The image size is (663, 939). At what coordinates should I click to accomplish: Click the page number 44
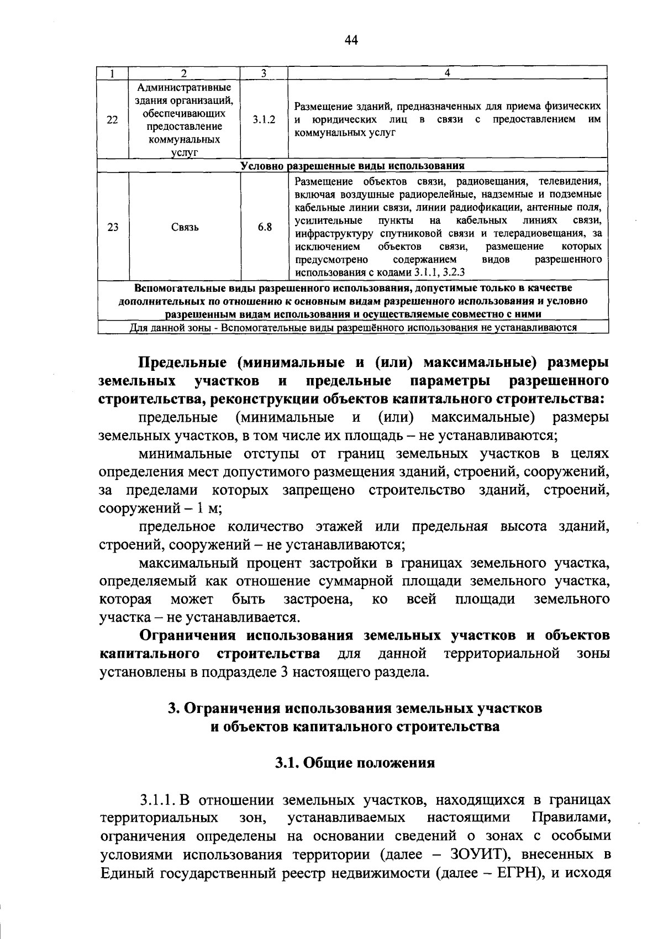(x=351, y=40)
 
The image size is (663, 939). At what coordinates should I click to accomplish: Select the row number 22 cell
(x=113, y=119)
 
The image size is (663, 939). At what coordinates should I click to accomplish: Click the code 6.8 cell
(x=264, y=227)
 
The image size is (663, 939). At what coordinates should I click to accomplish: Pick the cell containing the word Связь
(x=185, y=227)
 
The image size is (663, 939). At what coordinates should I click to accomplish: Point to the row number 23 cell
(x=113, y=227)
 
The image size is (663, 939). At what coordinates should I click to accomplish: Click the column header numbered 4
(x=448, y=73)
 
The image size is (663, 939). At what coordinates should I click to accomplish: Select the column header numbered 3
(x=264, y=73)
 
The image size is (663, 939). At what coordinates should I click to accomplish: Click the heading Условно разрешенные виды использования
(x=352, y=166)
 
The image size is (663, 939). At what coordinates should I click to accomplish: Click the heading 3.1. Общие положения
(x=355, y=763)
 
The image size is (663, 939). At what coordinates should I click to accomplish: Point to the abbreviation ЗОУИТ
(x=470, y=854)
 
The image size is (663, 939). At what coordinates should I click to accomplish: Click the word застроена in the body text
(x=318, y=599)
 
